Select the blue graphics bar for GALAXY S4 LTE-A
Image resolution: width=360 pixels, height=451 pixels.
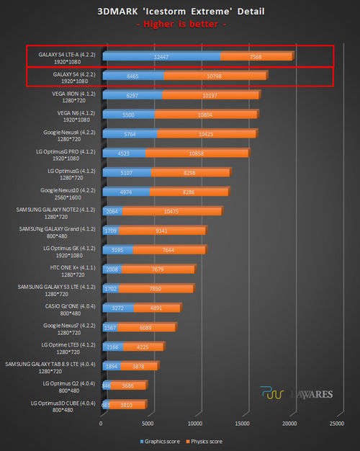pos(161,56)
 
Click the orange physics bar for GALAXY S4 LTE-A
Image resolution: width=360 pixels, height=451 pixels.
pos(256,56)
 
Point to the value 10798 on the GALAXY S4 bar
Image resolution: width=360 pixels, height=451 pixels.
pos(217,76)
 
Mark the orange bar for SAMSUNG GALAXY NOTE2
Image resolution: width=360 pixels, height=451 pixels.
pos(171,211)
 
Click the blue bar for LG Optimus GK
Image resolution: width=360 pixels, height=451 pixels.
pos(117,250)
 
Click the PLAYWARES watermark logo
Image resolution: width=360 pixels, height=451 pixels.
pos(295,395)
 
